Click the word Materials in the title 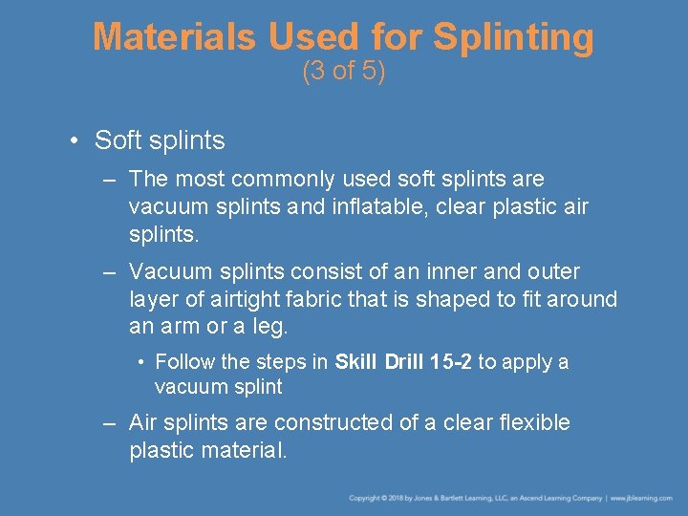point(174,37)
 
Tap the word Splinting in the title point(513,37)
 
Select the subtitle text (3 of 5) point(343,72)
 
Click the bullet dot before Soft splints point(74,141)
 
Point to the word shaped point(452,299)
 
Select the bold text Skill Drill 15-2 point(402,362)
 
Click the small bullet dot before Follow point(140,363)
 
